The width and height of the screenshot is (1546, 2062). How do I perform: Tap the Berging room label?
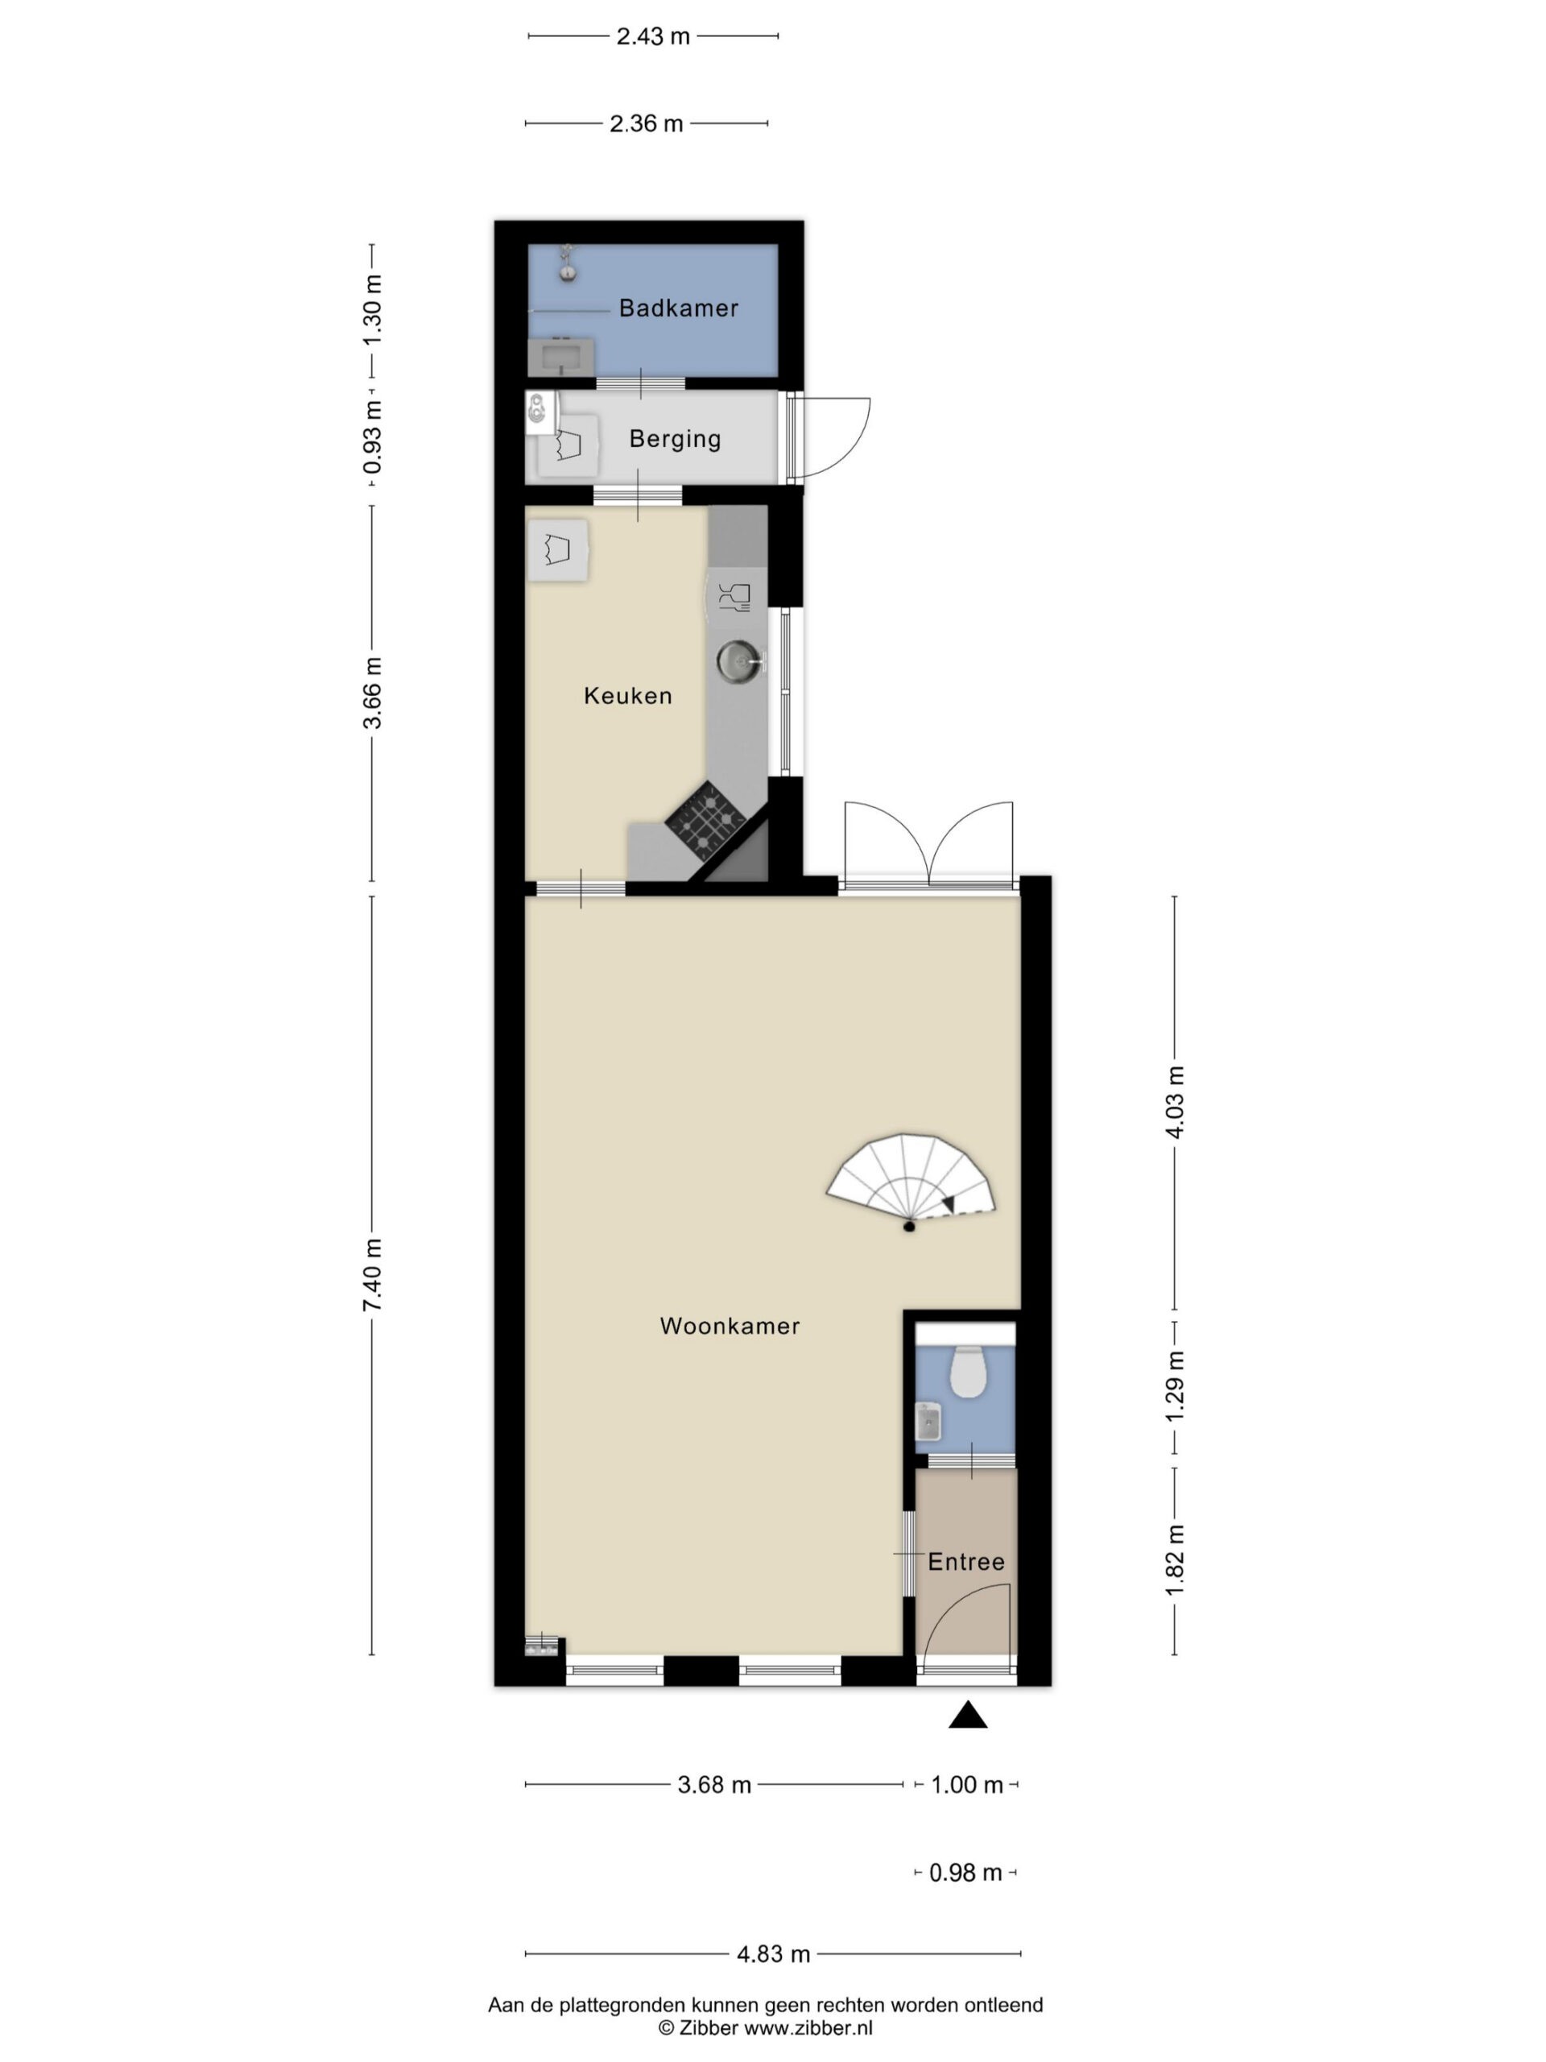675,439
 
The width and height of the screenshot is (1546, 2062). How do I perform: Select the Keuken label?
627,695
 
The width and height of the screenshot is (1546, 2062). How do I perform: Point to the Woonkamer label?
729,1326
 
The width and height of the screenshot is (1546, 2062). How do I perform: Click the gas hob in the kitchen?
706,818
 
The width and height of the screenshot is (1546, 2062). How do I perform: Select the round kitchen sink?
739,661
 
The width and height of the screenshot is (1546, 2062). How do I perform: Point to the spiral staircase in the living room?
911,1180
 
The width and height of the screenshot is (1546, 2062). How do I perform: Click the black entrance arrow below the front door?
967,1715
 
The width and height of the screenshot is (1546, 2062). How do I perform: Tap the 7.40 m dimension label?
373,1275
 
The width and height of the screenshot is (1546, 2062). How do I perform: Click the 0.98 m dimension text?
965,1872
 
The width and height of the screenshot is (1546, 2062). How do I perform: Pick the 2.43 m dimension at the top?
652,36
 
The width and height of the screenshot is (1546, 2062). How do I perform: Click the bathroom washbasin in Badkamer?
561,356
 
